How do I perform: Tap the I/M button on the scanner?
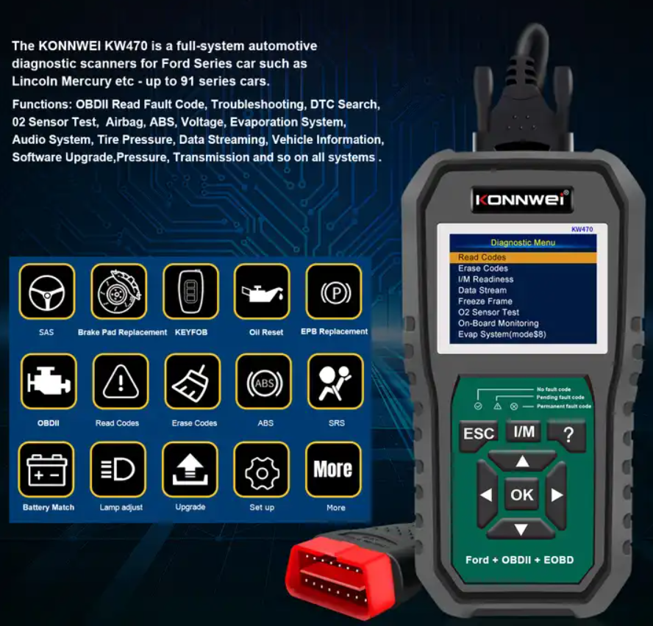click(524, 431)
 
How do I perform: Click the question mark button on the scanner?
click(567, 435)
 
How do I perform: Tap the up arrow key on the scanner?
click(522, 461)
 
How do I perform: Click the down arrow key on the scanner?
click(521, 529)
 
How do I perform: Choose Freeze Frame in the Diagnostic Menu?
click(485, 301)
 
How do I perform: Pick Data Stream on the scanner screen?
click(482, 290)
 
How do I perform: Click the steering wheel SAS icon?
click(46, 292)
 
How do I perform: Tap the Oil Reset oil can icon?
click(262, 292)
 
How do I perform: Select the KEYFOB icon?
click(190, 292)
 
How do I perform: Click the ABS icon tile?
click(263, 381)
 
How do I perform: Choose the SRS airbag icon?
click(335, 381)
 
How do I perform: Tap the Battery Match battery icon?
click(46, 470)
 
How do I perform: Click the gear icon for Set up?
click(262, 470)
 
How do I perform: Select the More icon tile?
click(333, 470)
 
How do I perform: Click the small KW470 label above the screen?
click(582, 229)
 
